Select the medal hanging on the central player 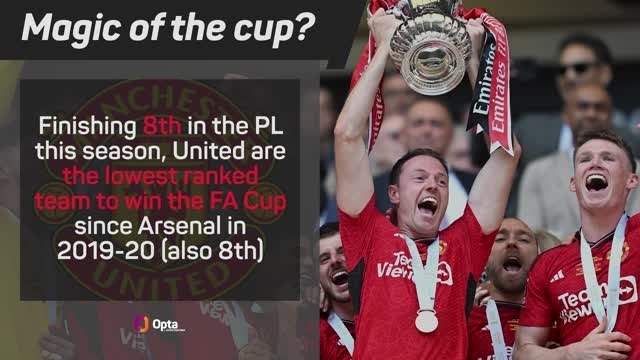tap(427, 321)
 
